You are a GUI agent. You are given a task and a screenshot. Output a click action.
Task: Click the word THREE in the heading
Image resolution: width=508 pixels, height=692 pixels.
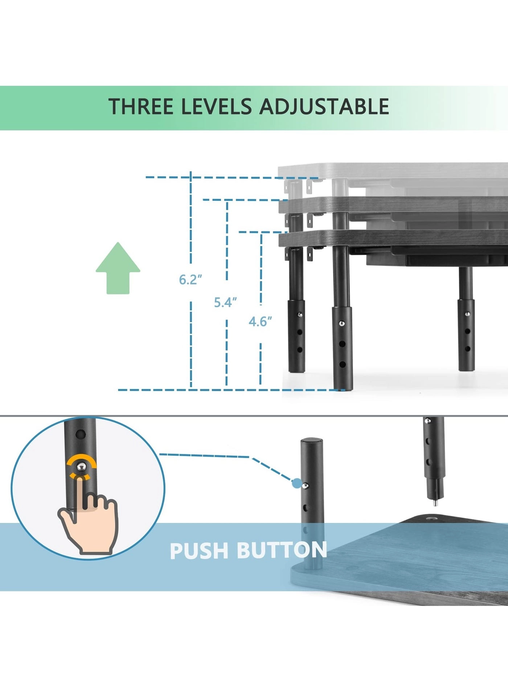(x=141, y=107)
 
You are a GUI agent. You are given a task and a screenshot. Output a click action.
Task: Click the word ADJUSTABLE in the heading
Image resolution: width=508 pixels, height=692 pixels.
(x=324, y=107)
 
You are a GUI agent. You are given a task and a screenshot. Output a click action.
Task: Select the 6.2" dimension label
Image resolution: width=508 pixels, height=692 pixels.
(x=190, y=280)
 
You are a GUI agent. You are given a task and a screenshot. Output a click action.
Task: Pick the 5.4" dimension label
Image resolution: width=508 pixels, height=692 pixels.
(x=225, y=302)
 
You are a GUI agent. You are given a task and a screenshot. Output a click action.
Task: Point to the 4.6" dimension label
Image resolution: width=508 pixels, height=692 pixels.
(x=260, y=322)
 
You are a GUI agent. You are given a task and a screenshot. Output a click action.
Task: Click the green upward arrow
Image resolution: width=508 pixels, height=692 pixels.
(x=118, y=268)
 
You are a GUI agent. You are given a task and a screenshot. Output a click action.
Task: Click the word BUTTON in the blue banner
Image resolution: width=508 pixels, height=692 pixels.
(x=282, y=550)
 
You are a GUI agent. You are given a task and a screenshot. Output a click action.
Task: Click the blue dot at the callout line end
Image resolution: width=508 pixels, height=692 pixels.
(x=297, y=483)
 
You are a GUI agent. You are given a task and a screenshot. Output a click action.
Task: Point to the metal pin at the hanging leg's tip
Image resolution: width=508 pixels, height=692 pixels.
(x=435, y=504)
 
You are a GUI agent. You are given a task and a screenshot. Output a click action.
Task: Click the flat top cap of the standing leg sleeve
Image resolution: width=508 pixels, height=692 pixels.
(x=311, y=441)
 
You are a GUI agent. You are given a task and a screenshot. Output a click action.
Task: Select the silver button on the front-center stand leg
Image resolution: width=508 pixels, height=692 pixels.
(x=342, y=323)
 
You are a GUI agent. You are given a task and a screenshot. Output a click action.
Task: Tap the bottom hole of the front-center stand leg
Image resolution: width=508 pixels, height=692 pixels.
(x=342, y=364)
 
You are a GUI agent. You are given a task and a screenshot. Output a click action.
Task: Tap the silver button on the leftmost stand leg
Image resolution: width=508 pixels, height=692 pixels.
(x=300, y=315)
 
